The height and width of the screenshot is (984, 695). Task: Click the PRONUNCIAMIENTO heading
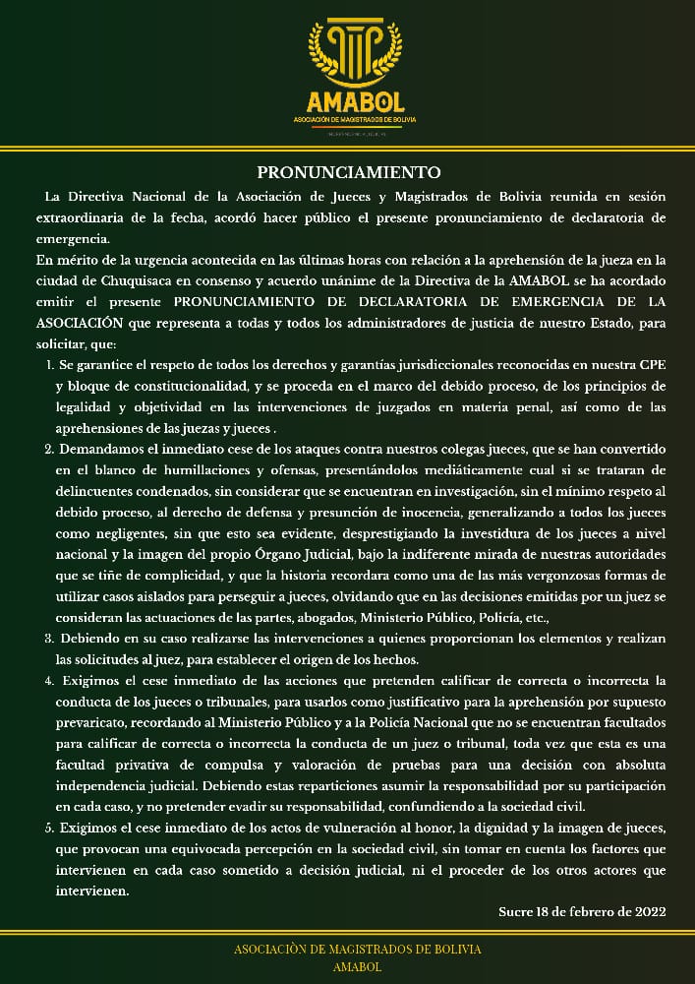tap(348, 172)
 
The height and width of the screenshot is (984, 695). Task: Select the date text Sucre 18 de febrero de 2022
tap(583, 911)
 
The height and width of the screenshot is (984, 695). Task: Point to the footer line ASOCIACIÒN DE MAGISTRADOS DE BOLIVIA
tap(357, 950)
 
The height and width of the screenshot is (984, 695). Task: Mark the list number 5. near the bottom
tap(50, 830)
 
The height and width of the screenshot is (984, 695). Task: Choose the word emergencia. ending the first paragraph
tap(74, 239)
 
